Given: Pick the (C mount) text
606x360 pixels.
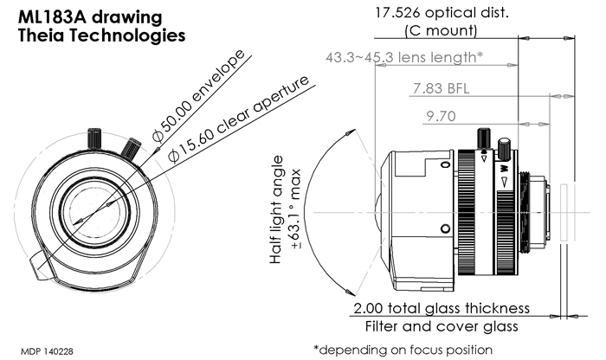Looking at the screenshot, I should [x=440, y=31].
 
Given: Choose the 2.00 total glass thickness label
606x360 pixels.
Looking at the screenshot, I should [x=441, y=309].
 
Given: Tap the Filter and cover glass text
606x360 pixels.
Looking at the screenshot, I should [x=442, y=327].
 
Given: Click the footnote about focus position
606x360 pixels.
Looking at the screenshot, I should [x=403, y=350].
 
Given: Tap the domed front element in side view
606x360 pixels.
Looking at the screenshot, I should [x=380, y=211].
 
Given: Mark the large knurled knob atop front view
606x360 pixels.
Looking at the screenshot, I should [x=94, y=138].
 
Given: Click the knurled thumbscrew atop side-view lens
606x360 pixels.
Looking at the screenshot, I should [x=484, y=138].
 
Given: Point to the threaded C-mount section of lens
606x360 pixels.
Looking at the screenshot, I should [x=523, y=211].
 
